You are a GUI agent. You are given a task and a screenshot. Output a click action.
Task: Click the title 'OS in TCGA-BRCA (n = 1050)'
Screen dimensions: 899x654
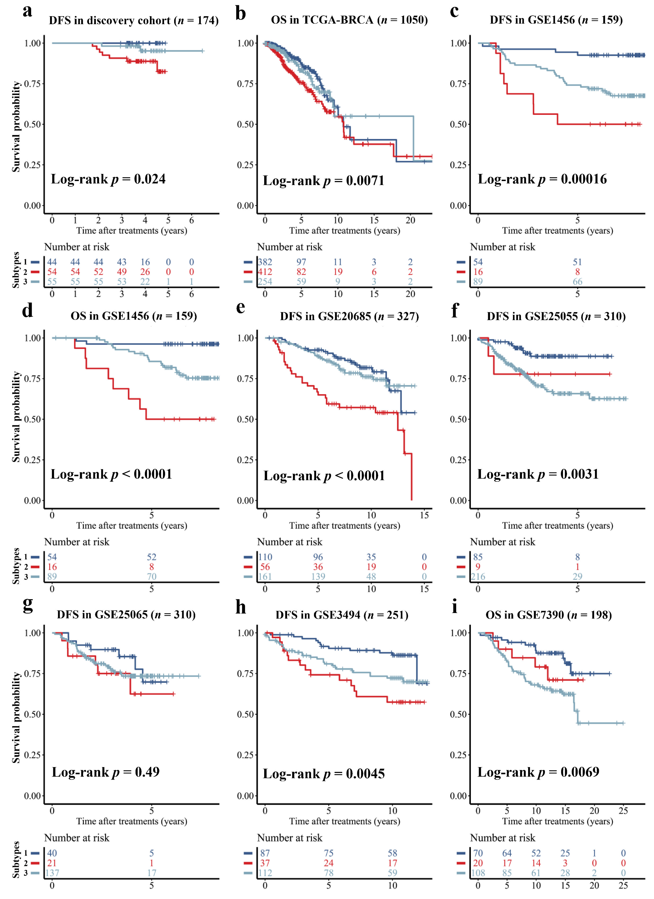click(x=349, y=20)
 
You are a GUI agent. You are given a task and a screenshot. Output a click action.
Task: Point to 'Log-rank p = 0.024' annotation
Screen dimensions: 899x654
click(x=108, y=179)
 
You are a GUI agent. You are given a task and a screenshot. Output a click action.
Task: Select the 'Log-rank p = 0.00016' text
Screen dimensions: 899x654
click(x=542, y=179)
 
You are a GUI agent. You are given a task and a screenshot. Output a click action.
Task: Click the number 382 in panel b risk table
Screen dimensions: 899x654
click(x=265, y=262)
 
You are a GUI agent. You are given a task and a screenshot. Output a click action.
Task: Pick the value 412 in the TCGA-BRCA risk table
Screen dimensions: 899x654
click(x=265, y=272)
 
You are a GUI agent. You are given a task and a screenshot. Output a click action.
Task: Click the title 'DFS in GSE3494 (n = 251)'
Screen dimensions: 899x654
click(x=342, y=615)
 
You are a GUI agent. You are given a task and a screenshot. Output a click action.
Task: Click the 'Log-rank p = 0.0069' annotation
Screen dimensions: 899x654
click(x=538, y=772)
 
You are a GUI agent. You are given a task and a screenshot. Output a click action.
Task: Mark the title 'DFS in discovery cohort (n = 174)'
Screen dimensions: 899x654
click(x=134, y=20)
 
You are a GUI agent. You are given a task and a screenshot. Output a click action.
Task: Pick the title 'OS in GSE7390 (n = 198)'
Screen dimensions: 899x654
click(x=549, y=615)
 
